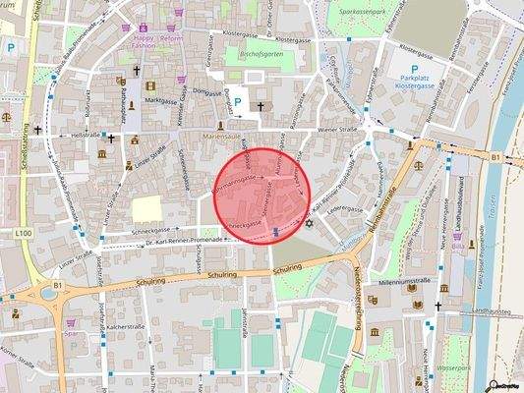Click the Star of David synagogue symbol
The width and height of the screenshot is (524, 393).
(309, 224)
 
